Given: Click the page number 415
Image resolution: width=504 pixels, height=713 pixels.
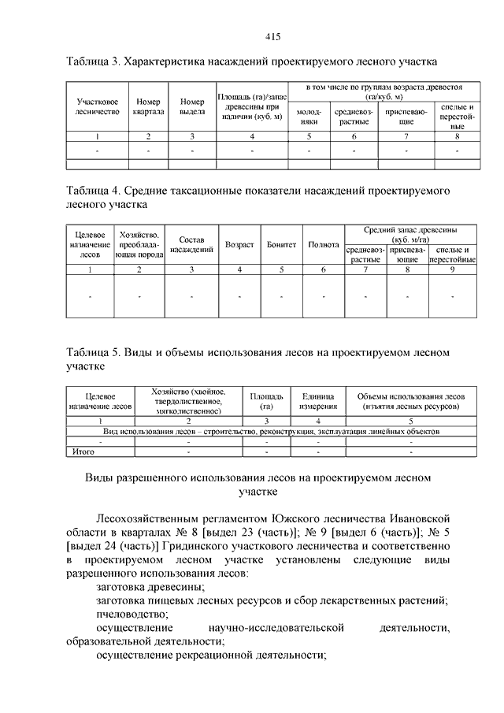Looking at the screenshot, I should coord(273,37).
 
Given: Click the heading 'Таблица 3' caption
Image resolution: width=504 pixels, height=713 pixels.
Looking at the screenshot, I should coord(250,61).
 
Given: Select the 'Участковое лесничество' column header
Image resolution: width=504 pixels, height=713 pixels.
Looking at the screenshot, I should coord(98,107).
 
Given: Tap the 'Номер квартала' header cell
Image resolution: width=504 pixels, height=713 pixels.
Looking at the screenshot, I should coord(148,107).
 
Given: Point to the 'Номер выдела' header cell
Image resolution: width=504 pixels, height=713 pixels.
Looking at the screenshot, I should coord(192,107).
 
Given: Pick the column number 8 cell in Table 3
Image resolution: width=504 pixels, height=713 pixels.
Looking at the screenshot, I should coord(457,137).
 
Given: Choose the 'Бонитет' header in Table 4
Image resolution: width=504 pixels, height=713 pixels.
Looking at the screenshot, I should coord(281,245).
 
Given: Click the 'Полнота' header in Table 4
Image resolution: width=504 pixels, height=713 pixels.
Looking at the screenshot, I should coord(324,245).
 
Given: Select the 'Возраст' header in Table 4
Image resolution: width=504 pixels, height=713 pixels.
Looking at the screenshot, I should coord(239,245).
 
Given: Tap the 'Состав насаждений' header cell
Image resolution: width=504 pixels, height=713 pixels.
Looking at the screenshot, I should coord(191,245).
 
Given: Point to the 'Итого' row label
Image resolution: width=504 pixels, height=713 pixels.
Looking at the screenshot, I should coord(83,452).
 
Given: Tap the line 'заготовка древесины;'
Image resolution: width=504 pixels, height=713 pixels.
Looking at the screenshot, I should coord(150,587).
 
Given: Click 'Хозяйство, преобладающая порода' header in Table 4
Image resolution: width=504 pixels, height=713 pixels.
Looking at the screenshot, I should coord(139,245).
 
